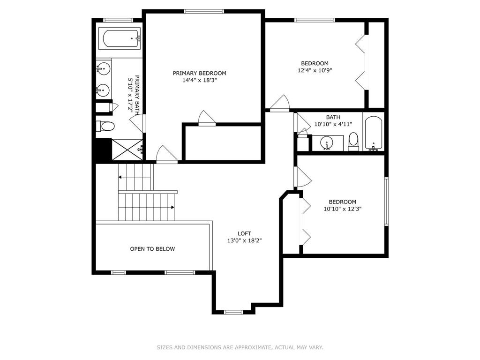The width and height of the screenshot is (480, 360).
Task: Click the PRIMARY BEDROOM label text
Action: [x=199, y=73]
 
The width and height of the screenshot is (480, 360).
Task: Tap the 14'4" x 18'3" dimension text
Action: [x=199, y=80]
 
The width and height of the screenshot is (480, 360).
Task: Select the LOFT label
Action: [x=244, y=233]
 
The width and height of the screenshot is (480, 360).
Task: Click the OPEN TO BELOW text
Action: [x=152, y=249]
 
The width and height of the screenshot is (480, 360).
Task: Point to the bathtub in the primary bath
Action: [x=121, y=38]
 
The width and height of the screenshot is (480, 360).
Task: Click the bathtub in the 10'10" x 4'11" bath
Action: [x=374, y=133]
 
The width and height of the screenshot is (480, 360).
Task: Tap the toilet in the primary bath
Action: [x=106, y=127]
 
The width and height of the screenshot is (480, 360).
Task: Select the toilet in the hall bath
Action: [x=353, y=142]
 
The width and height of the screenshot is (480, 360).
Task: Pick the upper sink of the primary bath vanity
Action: [x=104, y=69]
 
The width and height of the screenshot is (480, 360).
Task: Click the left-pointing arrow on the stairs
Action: [x=120, y=177]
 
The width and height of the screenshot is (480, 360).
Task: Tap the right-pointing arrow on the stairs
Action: [x=172, y=207]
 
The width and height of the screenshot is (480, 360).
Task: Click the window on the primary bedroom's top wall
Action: [x=203, y=11]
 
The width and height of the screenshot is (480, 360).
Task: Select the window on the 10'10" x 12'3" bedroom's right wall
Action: [x=387, y=202]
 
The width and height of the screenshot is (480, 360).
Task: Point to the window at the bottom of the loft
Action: [x=232, y=312]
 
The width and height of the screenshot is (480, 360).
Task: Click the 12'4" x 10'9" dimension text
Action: [x=315, y=70]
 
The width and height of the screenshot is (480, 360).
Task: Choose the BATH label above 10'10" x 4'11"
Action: [x=333, y=117]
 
